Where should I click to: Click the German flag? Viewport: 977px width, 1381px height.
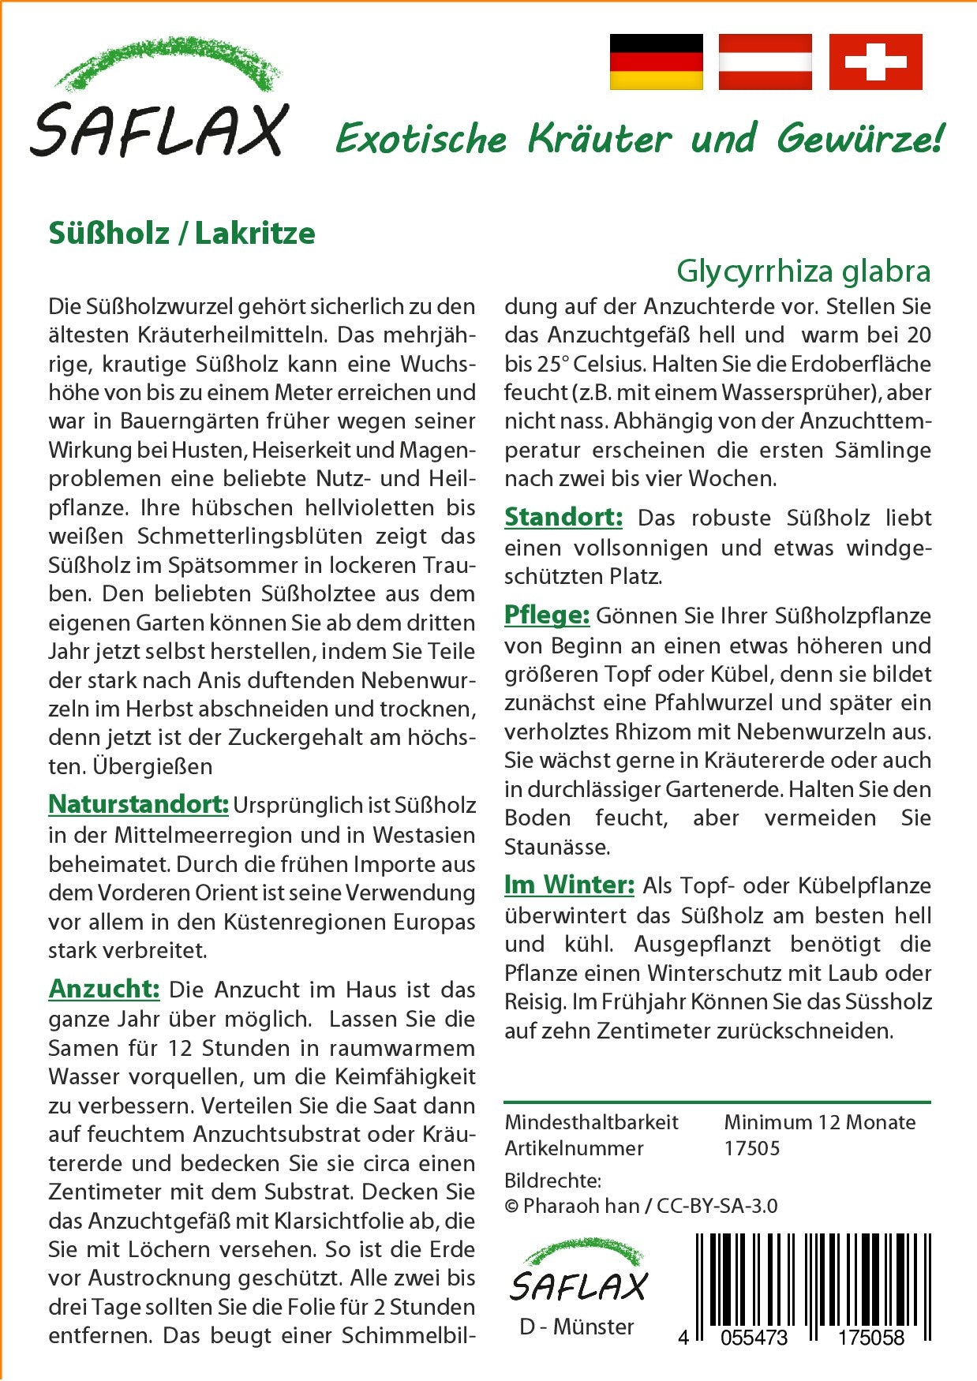click(656, 62)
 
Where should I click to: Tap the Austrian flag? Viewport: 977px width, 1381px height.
click(765, 62)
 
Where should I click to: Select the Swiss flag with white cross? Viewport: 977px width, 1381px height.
click(875, 62)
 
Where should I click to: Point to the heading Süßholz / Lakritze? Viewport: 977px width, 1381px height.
click(182, 234)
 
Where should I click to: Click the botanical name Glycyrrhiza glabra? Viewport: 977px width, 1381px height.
click(803, 271)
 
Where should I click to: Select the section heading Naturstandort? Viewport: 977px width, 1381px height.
click(138, 804)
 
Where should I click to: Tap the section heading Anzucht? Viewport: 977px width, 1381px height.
click(104, 988)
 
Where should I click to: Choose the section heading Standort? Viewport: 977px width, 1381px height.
click(563, 517)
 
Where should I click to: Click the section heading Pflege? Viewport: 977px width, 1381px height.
click(547, 615)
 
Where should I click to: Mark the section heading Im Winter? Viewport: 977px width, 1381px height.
click(569, 885)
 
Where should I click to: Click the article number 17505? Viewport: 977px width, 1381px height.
click(751, 1148)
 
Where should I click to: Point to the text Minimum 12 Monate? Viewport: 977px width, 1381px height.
click(819, 1122)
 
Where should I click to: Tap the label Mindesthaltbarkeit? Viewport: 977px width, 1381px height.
click(591, 1122)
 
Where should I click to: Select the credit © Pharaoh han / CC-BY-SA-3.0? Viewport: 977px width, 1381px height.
click(641, 1206)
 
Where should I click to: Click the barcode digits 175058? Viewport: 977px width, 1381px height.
click(870, 1337)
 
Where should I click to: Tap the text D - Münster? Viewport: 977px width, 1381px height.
click(577, 1327)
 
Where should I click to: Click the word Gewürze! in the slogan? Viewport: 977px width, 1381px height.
click(859, 139)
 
